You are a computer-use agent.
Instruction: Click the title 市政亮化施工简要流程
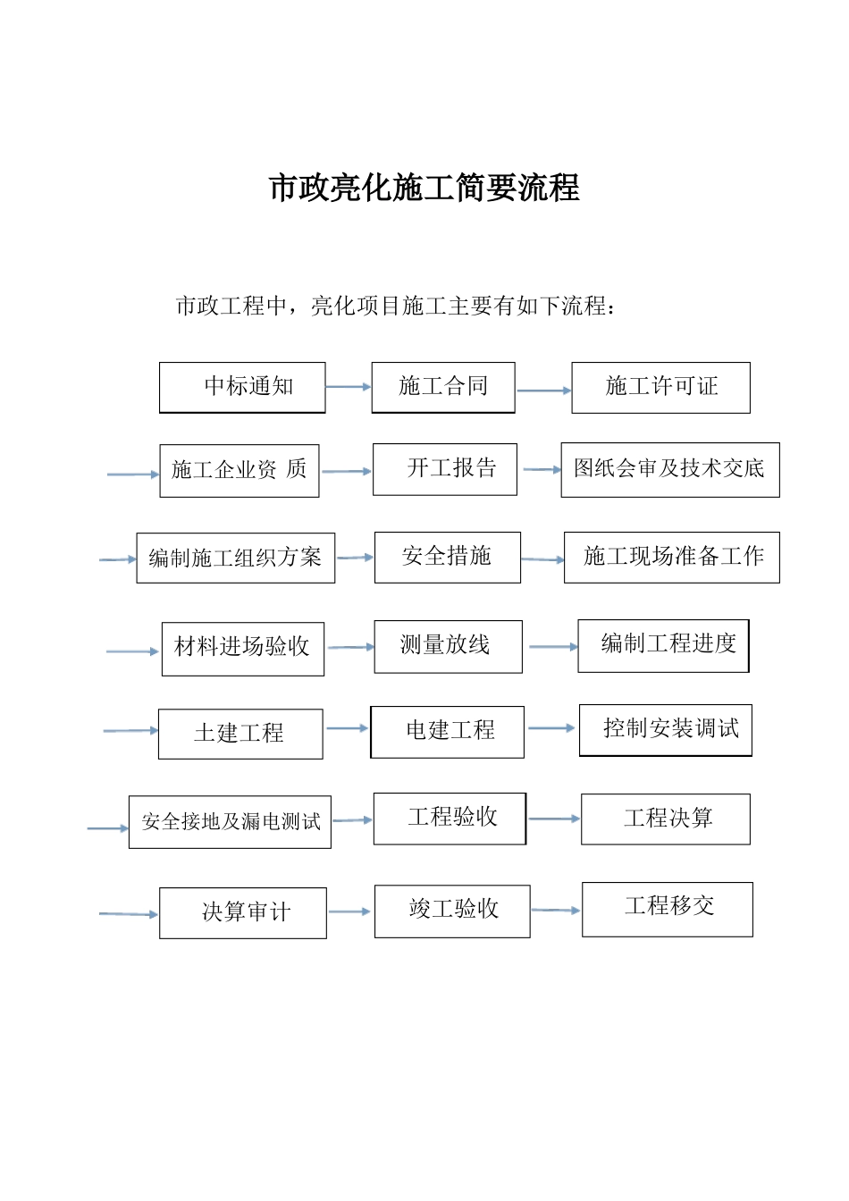point(424,189)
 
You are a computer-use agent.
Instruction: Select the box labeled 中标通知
point(242,387)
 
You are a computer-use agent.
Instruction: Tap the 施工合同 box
point(443,387)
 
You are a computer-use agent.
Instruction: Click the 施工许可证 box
point(660,387)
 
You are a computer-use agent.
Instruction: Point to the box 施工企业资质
point(240,470)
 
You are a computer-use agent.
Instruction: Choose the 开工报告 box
point(445,469)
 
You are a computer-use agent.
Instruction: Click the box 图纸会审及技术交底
point(670,469)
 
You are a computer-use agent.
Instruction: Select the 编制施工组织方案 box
point(236,558)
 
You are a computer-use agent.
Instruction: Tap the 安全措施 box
point(448,557)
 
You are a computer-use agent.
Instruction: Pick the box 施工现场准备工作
point(672,557)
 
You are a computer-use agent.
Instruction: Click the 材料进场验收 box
point(243,648)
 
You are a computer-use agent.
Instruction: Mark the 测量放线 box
point(448,646)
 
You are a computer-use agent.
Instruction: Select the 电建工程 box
point(448,732)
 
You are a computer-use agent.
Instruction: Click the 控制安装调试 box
point(666,730)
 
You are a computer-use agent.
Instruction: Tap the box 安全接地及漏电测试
point(231,822)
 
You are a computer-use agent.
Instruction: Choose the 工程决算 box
point(666,819)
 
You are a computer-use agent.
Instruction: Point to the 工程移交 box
point(668,909)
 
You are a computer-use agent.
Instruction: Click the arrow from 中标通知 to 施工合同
point(349,387)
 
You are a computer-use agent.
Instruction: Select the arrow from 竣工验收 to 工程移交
point(556,911)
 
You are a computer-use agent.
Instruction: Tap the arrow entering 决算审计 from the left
point(129,913)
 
